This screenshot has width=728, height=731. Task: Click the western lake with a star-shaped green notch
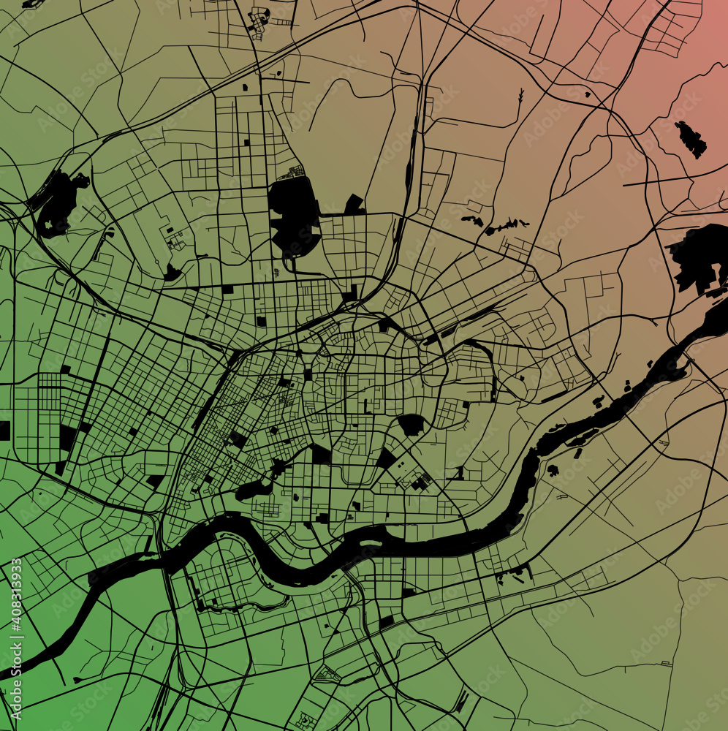pyautogui.click(x=58, y=202)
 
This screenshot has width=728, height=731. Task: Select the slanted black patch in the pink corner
pyautogui.click(x=691, y=139)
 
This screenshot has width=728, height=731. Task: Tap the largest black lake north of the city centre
pyautogui.click(x=294, y=212)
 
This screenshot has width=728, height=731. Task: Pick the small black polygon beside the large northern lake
pyautogui.click(x=355, y=205)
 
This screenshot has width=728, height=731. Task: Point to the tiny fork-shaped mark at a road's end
pyautogui.click(x=520, y=96)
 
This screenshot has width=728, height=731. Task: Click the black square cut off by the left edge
pyautogui.click(x=4, y=431)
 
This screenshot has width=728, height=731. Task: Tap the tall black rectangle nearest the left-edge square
pyautogui.click(x=67, y=437)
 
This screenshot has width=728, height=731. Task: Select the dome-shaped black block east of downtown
pyautogui.click(x=411, y=424)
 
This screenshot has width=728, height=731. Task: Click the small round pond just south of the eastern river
pyautogui.click(x=553, y=469)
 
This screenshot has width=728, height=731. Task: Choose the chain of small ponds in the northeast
pyautogui.click(x=497, y=225)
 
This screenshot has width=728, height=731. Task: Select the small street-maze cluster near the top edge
pyautogui.click(x=259, y=22)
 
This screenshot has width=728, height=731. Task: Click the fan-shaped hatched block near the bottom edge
pyautogui.click(x=326, y=674)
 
